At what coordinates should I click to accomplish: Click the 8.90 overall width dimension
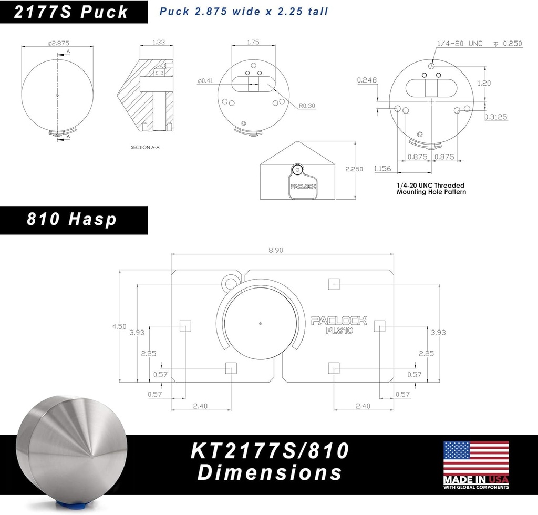tap(276, 250)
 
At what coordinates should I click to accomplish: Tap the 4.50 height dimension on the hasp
tap(119, 326)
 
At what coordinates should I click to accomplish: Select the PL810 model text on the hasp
tap(339, 331)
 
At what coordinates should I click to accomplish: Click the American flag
tap(476, 458)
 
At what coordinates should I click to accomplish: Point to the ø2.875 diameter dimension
tap(58, 43)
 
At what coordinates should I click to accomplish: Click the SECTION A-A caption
tap(145, 148)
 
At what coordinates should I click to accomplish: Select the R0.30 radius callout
tap(307, 106)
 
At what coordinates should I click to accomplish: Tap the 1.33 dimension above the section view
tap(159, 42)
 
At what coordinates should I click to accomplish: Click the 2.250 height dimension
tap(354, 169)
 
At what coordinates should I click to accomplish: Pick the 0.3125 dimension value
tap(496, 117)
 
